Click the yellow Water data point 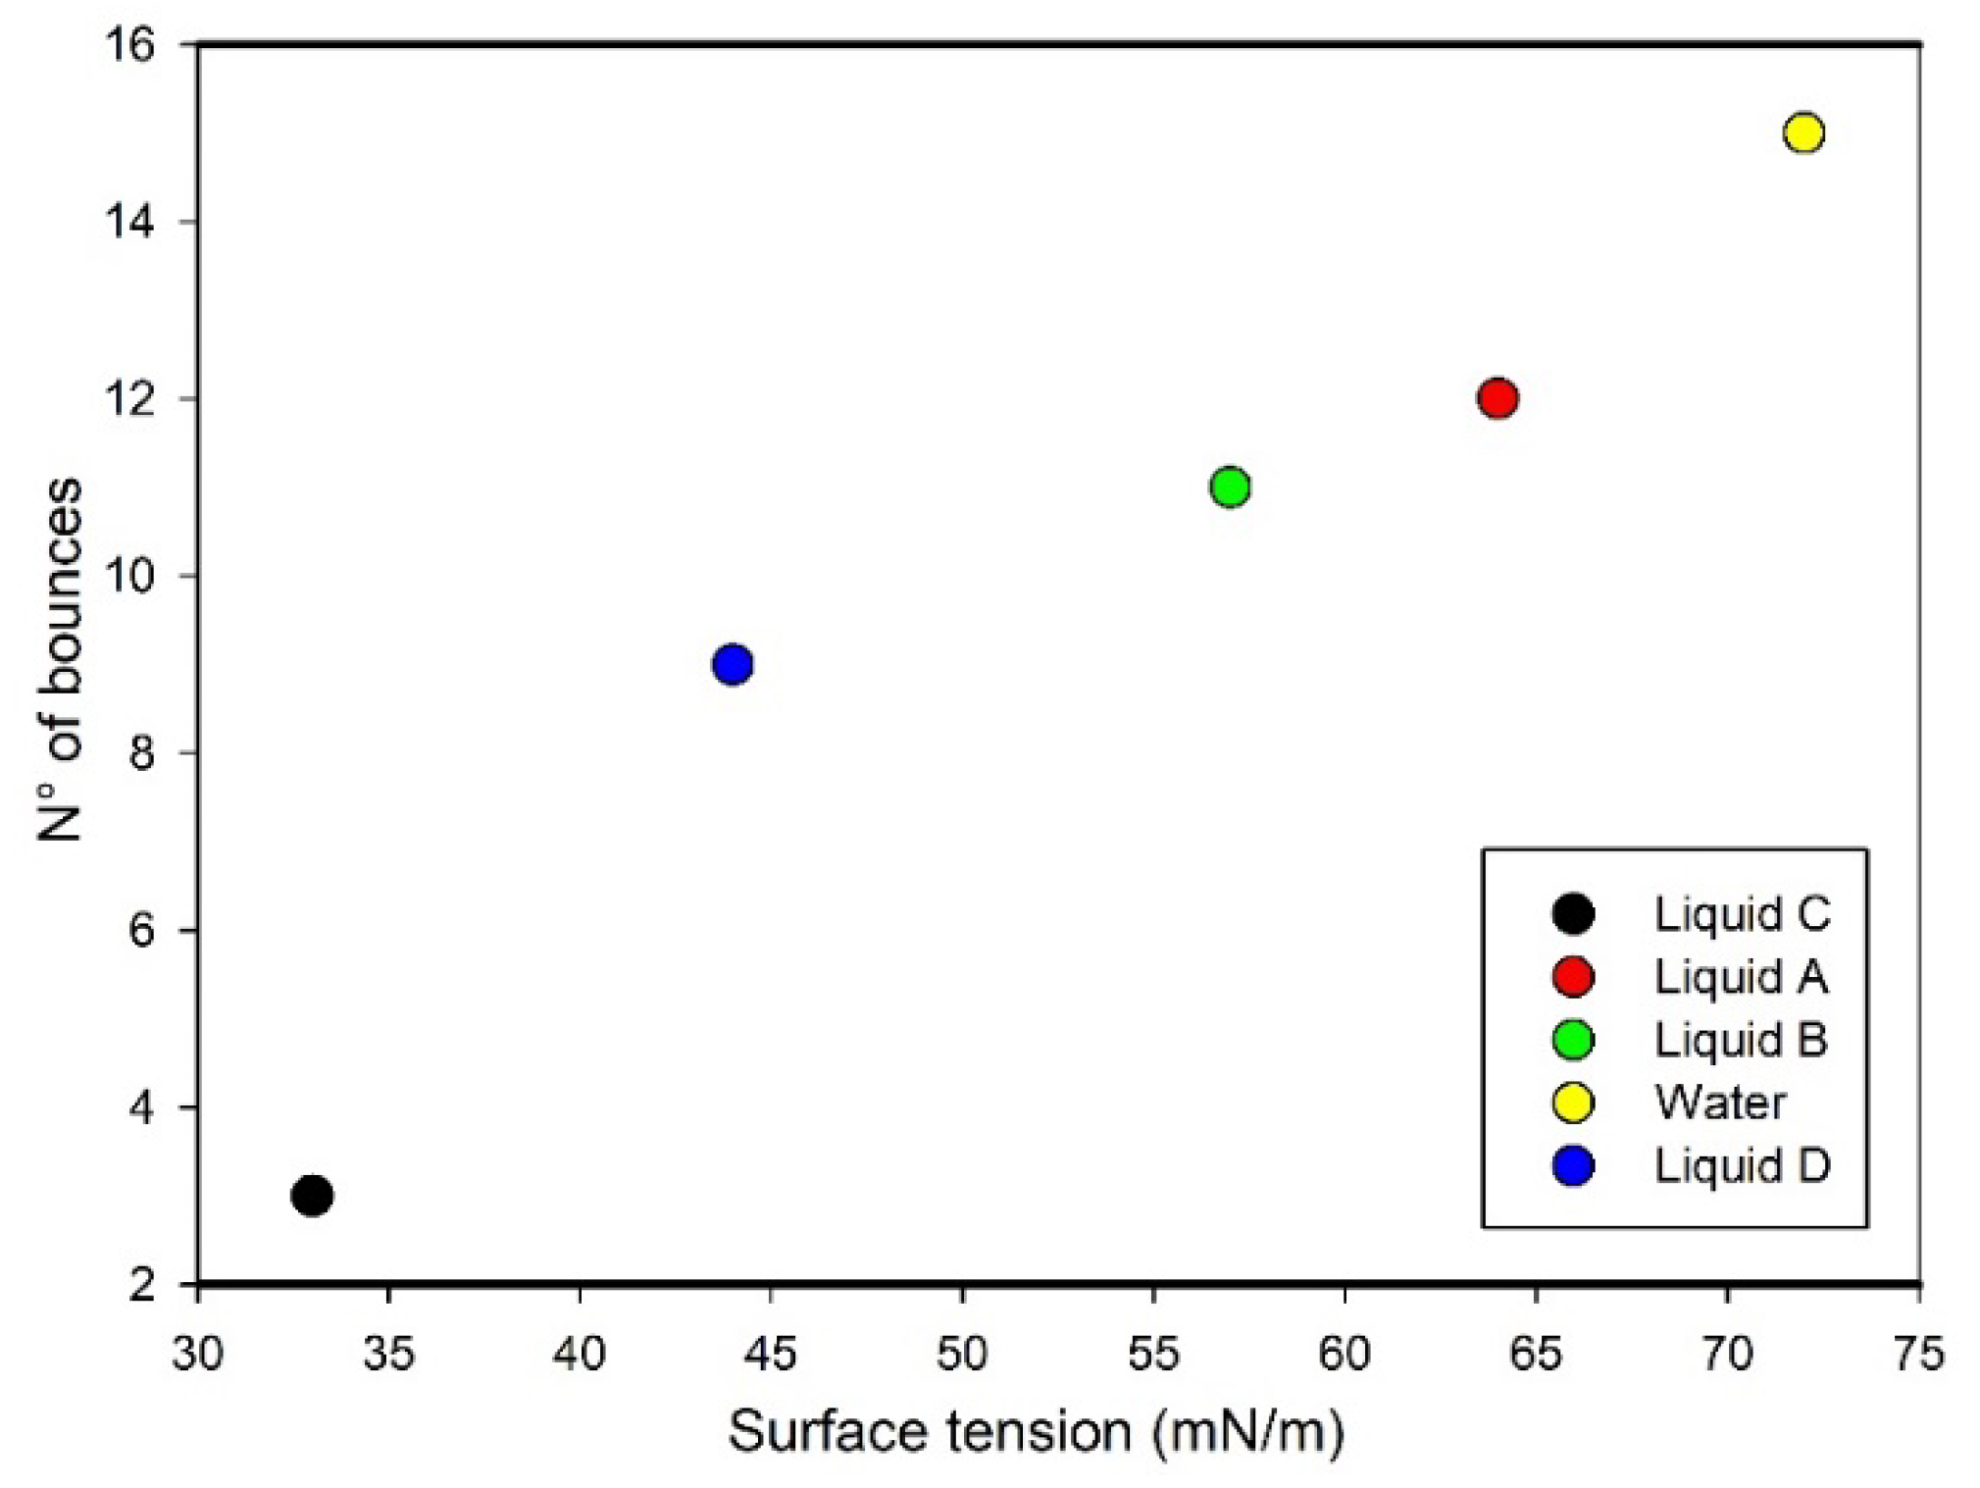pos(1802,132)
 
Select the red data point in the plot pos(1497,398)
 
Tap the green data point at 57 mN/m pos(1229,487)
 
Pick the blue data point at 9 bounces pos(733,665)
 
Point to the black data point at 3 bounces pos(312,1196)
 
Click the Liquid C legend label pos(1742,914)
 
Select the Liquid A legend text pos(1740,977)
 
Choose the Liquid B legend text pos(1740,1040)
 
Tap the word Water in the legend pos(1719,1103)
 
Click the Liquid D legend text pos(1742,1165)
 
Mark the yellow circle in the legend pos(1573,1103)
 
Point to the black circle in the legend pos(1573,914)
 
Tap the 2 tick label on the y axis pos(142,1284)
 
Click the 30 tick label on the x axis pos(198,1354)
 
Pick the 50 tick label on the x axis pos(961,1354)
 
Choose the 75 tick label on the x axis pos(1918,1354)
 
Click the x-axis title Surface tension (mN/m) pos(1036,1432)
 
